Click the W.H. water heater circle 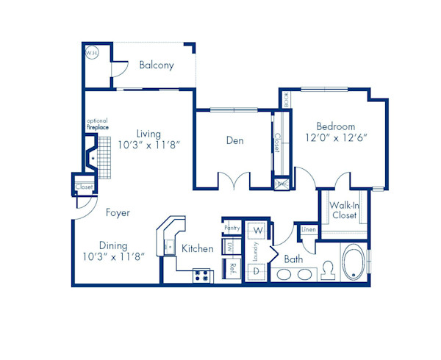coord(92,54)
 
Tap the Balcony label coord(157,65)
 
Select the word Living coord(148,133)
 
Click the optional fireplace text coord(97,123)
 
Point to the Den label coord(235,140)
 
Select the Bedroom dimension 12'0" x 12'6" coord(336,137)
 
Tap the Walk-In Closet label coord(343,210)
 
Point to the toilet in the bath coord(328,273)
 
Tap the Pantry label coord(232,228)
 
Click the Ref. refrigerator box coord(233,268)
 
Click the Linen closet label coord(309,231)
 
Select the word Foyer coord(118,213)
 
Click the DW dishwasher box coord(230,247)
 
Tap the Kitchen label coord(198,249)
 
